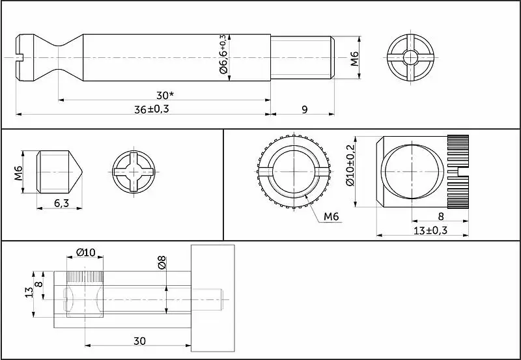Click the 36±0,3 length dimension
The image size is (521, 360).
pos(152,109)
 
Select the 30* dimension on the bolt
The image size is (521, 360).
pos(165,95)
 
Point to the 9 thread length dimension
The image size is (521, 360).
pos(305,109)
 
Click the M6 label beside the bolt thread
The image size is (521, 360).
pos(354,59)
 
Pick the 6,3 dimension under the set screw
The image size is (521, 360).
pos(61,203)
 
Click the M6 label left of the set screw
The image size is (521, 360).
pos(18,173)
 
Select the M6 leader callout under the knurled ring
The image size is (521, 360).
pos(331,217)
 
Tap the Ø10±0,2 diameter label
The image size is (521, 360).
pos(350,165)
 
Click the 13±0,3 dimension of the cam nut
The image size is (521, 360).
pos(430,230)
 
